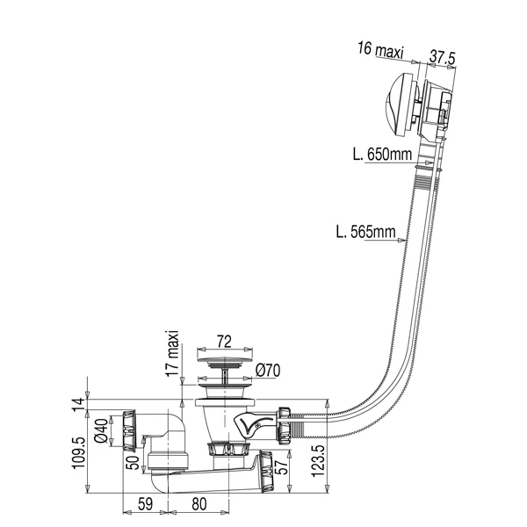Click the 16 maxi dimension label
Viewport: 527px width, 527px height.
point(380,50)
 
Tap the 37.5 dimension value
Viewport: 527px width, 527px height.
point(442,57)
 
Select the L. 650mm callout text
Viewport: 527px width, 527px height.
point(382,155)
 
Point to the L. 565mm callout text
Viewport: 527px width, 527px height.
point(366,232)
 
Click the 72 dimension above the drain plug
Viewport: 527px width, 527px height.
point(224,342)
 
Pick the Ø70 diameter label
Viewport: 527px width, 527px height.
point(268,371)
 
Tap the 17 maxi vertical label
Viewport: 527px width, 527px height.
point(173,354)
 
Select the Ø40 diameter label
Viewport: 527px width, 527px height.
point(102,431)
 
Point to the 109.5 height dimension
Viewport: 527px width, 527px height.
point(78,452)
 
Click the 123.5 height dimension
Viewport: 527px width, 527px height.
point(318,460)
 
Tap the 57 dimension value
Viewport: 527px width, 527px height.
point(282,466)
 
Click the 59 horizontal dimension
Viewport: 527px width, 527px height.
point(145,504)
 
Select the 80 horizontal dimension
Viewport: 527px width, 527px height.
point(199,504)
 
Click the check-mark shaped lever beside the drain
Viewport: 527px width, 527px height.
point(253,425)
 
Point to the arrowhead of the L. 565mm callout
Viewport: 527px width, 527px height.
point(401,240)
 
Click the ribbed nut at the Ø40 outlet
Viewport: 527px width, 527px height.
point(129,430)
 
